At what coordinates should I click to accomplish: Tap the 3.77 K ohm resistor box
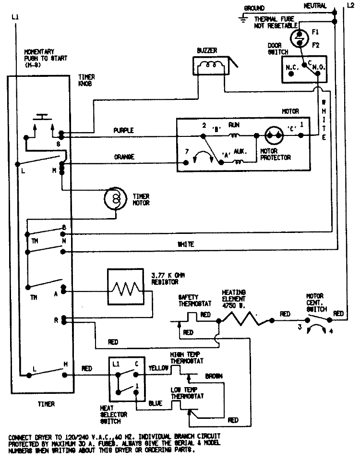click(125, 287)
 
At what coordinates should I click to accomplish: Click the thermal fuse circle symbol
click(300, 37)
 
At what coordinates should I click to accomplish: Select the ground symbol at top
click(243, 18)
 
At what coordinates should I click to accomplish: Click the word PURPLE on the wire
click(123, 130)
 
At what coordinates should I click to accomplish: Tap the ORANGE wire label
click(123, 157)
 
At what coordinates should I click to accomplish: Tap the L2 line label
click(350, 5)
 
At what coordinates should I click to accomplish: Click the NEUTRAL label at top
click(315, 6)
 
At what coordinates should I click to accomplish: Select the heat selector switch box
click(125, 379)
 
